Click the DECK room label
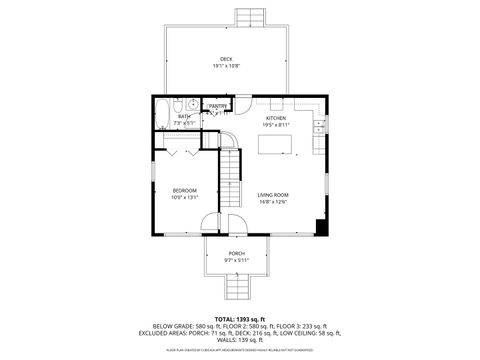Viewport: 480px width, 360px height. (227, 59)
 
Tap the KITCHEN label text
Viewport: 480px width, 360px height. (276, 118)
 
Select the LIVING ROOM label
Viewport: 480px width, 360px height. (273, 194)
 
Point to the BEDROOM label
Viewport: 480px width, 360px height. (184, 190)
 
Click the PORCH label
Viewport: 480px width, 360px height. (237, 253)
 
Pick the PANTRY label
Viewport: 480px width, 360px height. (218, 105)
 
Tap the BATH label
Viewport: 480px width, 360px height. (184, 117)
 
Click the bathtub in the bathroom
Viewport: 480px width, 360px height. (162, 116)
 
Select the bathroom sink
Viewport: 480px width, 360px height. (192, 104)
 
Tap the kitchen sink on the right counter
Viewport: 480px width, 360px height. (319, 127)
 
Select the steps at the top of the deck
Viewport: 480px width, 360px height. (251, 19)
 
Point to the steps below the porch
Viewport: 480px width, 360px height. (237, 288)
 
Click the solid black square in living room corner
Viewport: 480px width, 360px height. (319, 226)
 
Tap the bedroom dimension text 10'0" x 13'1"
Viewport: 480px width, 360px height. (184, 197)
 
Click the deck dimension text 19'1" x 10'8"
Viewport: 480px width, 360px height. (227, 66)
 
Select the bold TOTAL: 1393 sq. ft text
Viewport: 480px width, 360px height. (240, 317)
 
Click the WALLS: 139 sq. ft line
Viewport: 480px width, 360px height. (240, 340)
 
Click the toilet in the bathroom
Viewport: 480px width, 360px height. (177, 104)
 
